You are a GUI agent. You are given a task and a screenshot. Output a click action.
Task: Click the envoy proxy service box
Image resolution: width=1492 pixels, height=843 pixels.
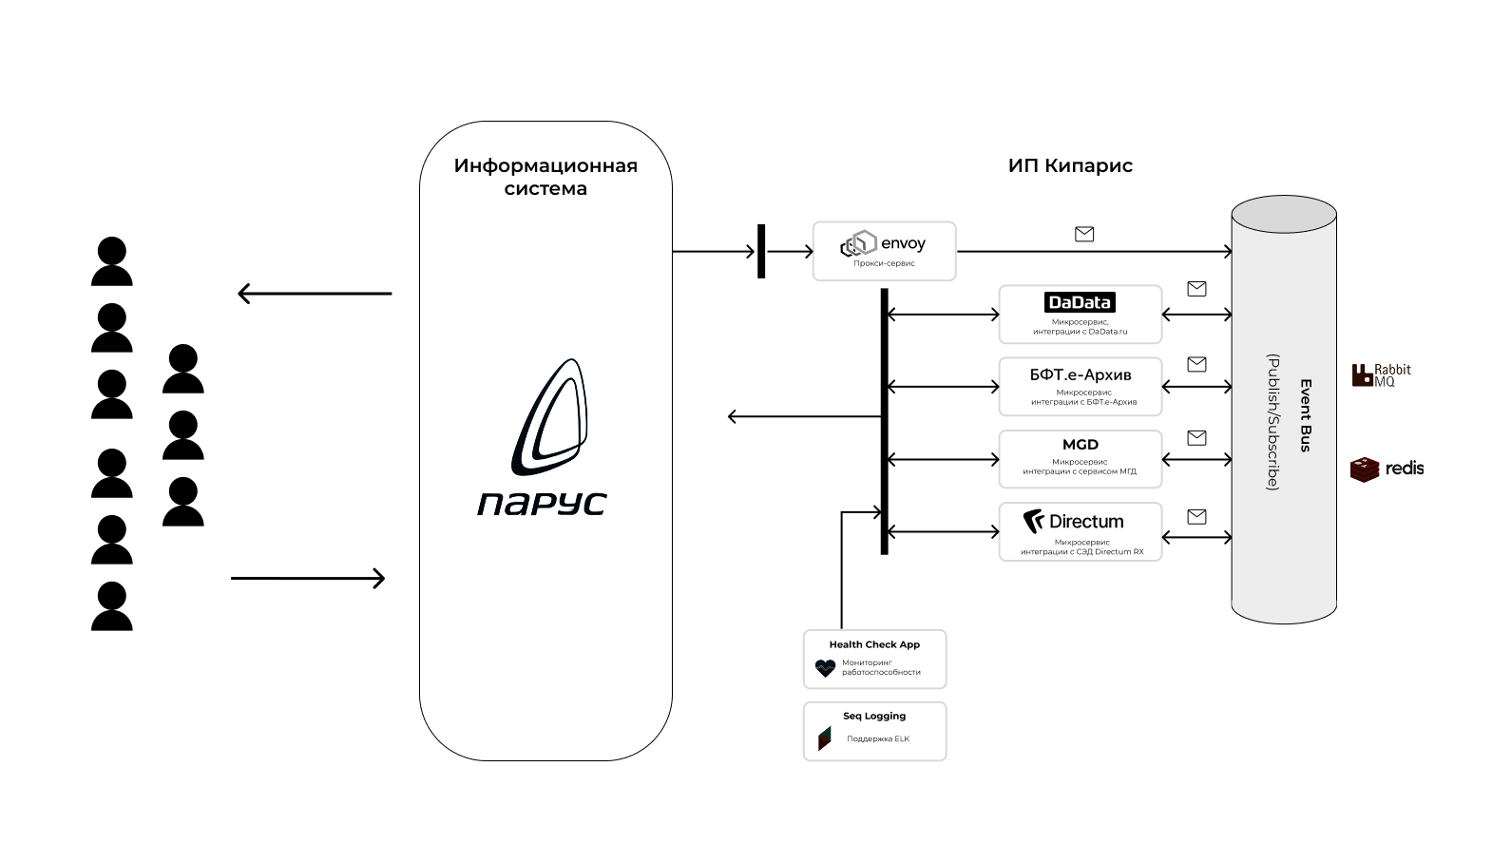click(884, 251)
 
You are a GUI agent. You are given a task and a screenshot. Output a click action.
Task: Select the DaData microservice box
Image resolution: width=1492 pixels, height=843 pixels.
click(1080, 315)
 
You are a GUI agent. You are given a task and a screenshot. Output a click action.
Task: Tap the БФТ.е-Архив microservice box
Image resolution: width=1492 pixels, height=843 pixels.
click(1080, 386)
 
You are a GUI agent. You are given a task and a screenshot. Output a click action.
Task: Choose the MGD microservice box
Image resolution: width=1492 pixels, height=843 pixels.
click(1080, 459)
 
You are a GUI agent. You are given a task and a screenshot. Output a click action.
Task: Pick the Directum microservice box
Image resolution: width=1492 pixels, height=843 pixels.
click(1080, 531)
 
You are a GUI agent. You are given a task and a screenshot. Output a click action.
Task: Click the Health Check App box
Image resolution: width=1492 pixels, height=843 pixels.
click(874, 660)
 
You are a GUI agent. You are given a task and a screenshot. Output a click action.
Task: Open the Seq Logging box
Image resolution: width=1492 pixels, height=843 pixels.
click(874, 731)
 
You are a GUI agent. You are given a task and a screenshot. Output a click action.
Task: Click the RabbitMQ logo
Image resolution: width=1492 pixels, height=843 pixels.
click(1382, 374)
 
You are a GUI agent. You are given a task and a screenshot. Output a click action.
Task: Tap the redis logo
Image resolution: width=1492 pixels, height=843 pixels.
click(1387, 469)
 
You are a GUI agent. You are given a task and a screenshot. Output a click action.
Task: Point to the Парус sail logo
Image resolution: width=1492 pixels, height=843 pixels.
click(549, 417)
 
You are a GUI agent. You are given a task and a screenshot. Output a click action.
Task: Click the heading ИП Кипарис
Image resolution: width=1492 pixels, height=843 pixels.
click(1070, 165)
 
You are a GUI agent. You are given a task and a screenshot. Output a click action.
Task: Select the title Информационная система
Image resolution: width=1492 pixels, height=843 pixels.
click(545, 177)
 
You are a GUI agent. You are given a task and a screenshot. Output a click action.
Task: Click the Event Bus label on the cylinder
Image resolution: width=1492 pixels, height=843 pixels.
click(1306, 415)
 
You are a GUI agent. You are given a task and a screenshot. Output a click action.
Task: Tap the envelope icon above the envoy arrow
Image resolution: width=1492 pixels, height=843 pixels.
click(1084, 234)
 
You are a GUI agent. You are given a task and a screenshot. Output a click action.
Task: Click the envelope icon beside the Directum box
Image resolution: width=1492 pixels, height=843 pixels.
click(1196, 517)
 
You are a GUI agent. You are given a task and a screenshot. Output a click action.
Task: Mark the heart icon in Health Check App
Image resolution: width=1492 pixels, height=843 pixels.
click(825, 668)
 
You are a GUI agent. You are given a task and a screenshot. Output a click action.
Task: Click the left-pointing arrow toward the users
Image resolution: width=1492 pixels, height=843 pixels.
click(315, 293)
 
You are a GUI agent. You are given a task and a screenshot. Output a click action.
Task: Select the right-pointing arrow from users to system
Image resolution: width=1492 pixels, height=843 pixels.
click(308, 578)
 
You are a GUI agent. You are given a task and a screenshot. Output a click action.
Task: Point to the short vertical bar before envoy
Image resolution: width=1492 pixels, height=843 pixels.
click(761, 251)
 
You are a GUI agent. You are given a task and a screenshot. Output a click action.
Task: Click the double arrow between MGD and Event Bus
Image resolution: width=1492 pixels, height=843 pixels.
click(1197, 459)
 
